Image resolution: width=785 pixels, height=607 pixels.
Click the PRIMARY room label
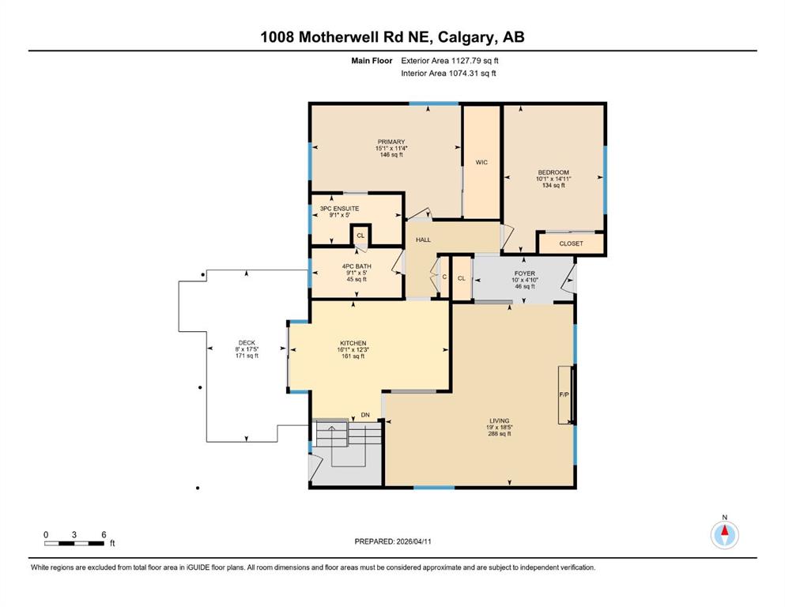pos(391,142)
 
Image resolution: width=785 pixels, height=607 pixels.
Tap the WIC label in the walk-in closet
pos(481,162)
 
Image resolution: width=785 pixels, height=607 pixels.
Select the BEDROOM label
pos(553,172)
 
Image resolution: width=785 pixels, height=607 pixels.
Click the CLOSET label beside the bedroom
pos(571,243)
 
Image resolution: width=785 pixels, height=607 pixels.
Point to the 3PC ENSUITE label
pos(339,209)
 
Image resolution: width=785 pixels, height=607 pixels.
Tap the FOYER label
pos(525,273)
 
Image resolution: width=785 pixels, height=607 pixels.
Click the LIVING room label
pos(499,421)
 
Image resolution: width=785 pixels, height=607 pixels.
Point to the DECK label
pos(247,343)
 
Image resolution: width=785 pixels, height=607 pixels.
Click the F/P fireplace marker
pos(564,394)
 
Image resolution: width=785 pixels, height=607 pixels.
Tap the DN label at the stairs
pos(365,415)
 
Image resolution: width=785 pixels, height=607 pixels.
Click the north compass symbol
pos(724,535)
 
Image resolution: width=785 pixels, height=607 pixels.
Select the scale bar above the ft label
pos(74,543)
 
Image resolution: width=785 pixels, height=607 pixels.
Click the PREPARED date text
pos(393,541)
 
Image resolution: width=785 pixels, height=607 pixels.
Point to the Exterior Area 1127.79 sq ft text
pos(450,60)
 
